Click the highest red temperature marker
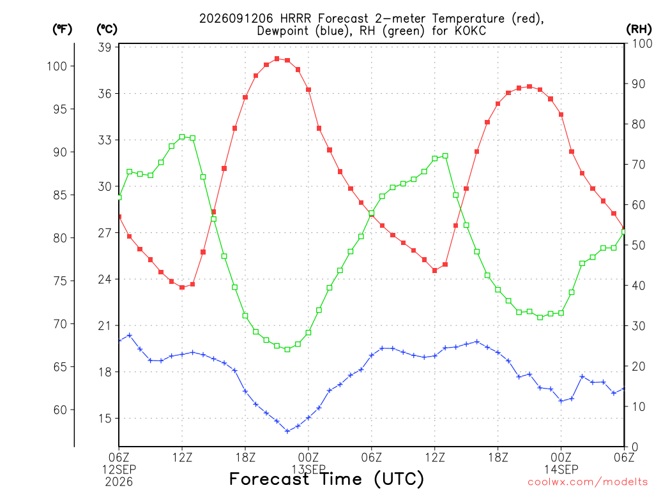(277, 59)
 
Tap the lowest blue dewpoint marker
(287, 431)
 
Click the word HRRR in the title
(295, 19)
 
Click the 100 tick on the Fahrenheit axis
(57, 66)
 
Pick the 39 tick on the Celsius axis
(105, 47)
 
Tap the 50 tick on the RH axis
(638, 245)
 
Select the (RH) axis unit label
(639, 29)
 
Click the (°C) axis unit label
(107, 29)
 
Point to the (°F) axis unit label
(62, 29)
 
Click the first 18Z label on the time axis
(245, 457)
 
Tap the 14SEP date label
(561, 470)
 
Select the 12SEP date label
(119, 470)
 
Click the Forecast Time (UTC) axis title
(326, 479)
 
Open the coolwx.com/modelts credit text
(588, 482)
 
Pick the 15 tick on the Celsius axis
(105, 419)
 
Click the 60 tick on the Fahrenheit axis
(60, 410)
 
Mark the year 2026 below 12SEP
(119, 482)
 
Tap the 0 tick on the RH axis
(635, 447)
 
